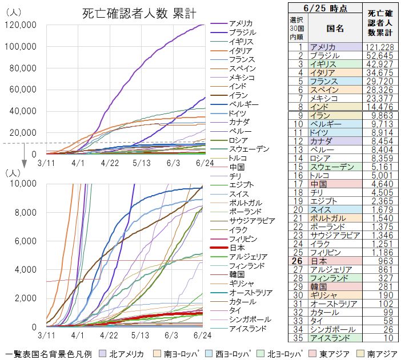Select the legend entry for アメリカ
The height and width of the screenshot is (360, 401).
pyautogui.click(x=240, y=23)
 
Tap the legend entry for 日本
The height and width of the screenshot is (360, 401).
pyautogui.click(x=237, y=248)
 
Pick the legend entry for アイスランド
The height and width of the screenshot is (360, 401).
pyautogui.click(x=247, y=329)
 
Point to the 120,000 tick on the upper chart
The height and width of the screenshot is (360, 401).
pyautogui.click(x=21, y=25)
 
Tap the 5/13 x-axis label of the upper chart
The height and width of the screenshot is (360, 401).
pyautogui.click(x=140, y=163)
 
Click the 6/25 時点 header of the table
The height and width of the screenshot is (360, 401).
pyautogui.click(x=325, y=7)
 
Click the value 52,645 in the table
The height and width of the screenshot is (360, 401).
pyautogui.click(x=382, y=55)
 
